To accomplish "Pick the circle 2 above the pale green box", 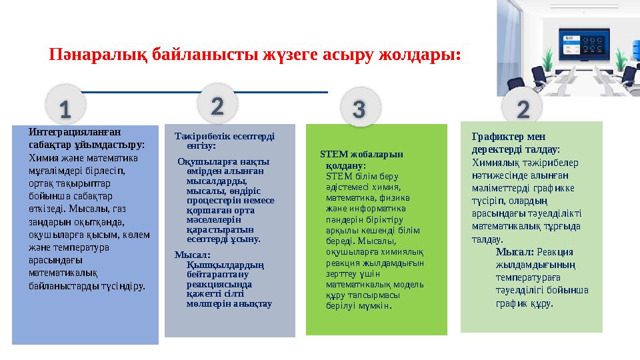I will (x=523, y=108).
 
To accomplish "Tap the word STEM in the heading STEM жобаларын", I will (x=331, y=155).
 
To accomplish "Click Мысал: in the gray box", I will (x=193, y=254).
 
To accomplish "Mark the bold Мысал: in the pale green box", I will (x=515, y=252).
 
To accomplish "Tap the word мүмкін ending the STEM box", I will (x=377, y=306).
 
